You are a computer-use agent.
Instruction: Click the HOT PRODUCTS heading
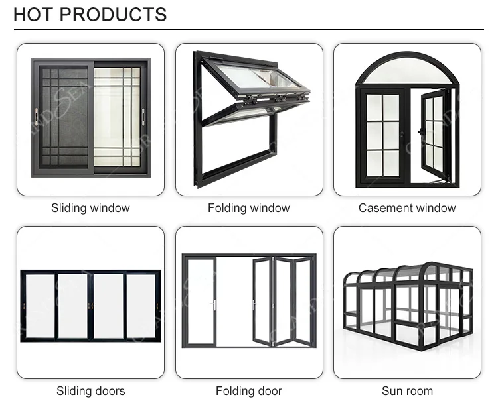coord(90,14)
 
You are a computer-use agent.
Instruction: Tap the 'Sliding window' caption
coord(90,208)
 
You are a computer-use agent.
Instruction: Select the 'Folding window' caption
coord(249,208)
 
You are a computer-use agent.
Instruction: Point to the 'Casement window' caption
coord(407,208)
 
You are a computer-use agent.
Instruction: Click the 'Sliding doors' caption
coord(90,391)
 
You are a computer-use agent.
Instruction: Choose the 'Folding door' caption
coord(249,391)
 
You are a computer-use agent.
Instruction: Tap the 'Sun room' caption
coord(407,391)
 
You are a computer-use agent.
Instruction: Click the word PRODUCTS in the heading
coord(114,14)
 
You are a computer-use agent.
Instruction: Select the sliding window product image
coord(90,119)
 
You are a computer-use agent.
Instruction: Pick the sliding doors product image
coord(90,305)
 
